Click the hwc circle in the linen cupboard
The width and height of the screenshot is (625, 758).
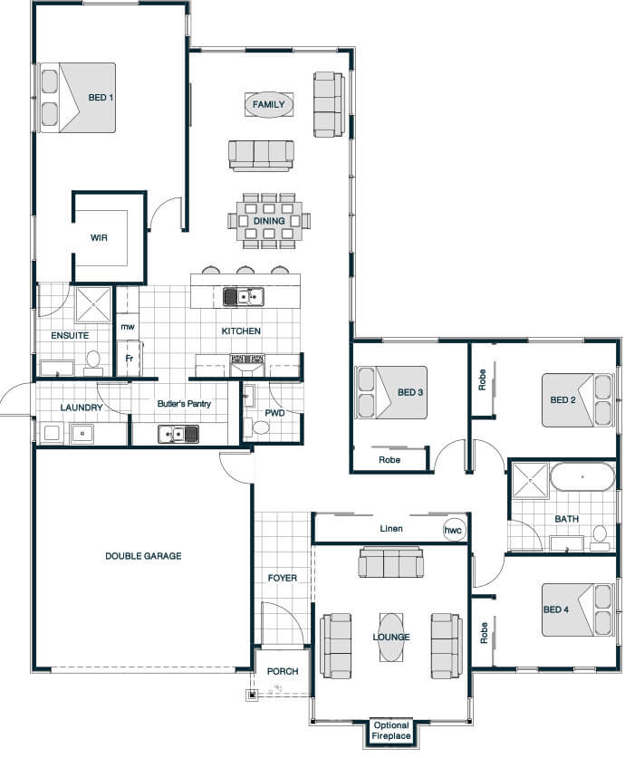pyautogui.click(x=453, y=530)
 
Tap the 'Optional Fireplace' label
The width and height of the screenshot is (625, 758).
pyautogui.click(x=391, y=731)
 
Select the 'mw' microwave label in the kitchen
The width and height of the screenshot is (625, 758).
pyautogui.click(x=127, y=327)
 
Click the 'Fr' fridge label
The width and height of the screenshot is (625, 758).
pyautogui.click(x=129, y=359)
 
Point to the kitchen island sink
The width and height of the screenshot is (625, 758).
pyautogui.click(x=243, y=296)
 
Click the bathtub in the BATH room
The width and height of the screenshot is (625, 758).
pyautogui.click(x=582, y=476)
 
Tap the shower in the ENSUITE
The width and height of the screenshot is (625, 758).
pyautogui.click(x=92, y=304)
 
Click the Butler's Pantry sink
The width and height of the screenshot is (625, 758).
pyautogui.click(x=178, y=434)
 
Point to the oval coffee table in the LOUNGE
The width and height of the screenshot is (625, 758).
pyautogui.click(x=390, y=638)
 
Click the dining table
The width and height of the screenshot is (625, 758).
pyautogui.click(x=269, y=221)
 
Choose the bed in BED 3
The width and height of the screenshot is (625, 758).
pyautogui.click(x=391, y=392)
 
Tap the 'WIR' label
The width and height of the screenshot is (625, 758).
pyautogui.click(x=99, y=237)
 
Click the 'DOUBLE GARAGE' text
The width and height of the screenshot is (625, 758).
pyautogui.click(x=143, y=556)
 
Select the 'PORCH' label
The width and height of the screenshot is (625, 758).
pyautogui.click(x=283, y=671)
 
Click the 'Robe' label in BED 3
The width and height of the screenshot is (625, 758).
pyautogui.click(x=389, y=460)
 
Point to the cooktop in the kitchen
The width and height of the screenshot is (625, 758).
pyautogui.click(x=247, y=359)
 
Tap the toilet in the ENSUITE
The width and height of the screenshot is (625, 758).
pyautogui.click(x=92, y=362)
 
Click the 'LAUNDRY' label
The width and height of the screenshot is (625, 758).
pyautogui.click(x=82, y=408)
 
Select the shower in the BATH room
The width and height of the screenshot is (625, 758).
pyautogui.click(x=531, y=481)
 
